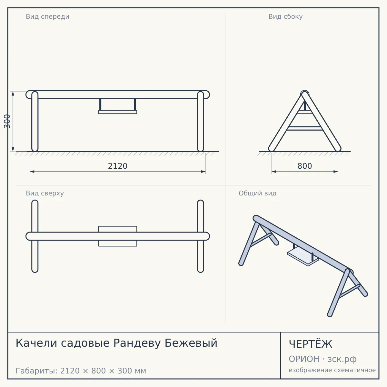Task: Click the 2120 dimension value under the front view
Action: pos(118,166)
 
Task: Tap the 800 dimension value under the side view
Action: pos(305,166)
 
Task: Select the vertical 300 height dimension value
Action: pos(7,121)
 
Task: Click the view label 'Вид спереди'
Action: pos(48,16)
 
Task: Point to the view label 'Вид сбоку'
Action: pos(285,16)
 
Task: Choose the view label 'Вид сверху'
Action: pos(45,193)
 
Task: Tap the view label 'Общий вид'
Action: pos(257,193)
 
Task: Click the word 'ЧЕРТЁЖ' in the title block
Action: pos(311,344)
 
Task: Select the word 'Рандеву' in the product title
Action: pos(137,343)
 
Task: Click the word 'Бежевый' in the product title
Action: pos(191,343)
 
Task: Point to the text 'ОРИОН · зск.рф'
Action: pos(322,359)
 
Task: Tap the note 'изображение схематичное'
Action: pos(332,370)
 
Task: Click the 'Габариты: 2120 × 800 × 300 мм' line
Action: pos(81,371)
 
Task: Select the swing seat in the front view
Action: pos(118,112)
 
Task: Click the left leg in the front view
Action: pos(35,121)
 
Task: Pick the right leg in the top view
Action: pos(200,236)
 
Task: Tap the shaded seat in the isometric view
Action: pos(303,257)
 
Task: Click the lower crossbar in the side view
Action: pos(305,128)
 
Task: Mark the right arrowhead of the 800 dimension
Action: pos(336,172)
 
